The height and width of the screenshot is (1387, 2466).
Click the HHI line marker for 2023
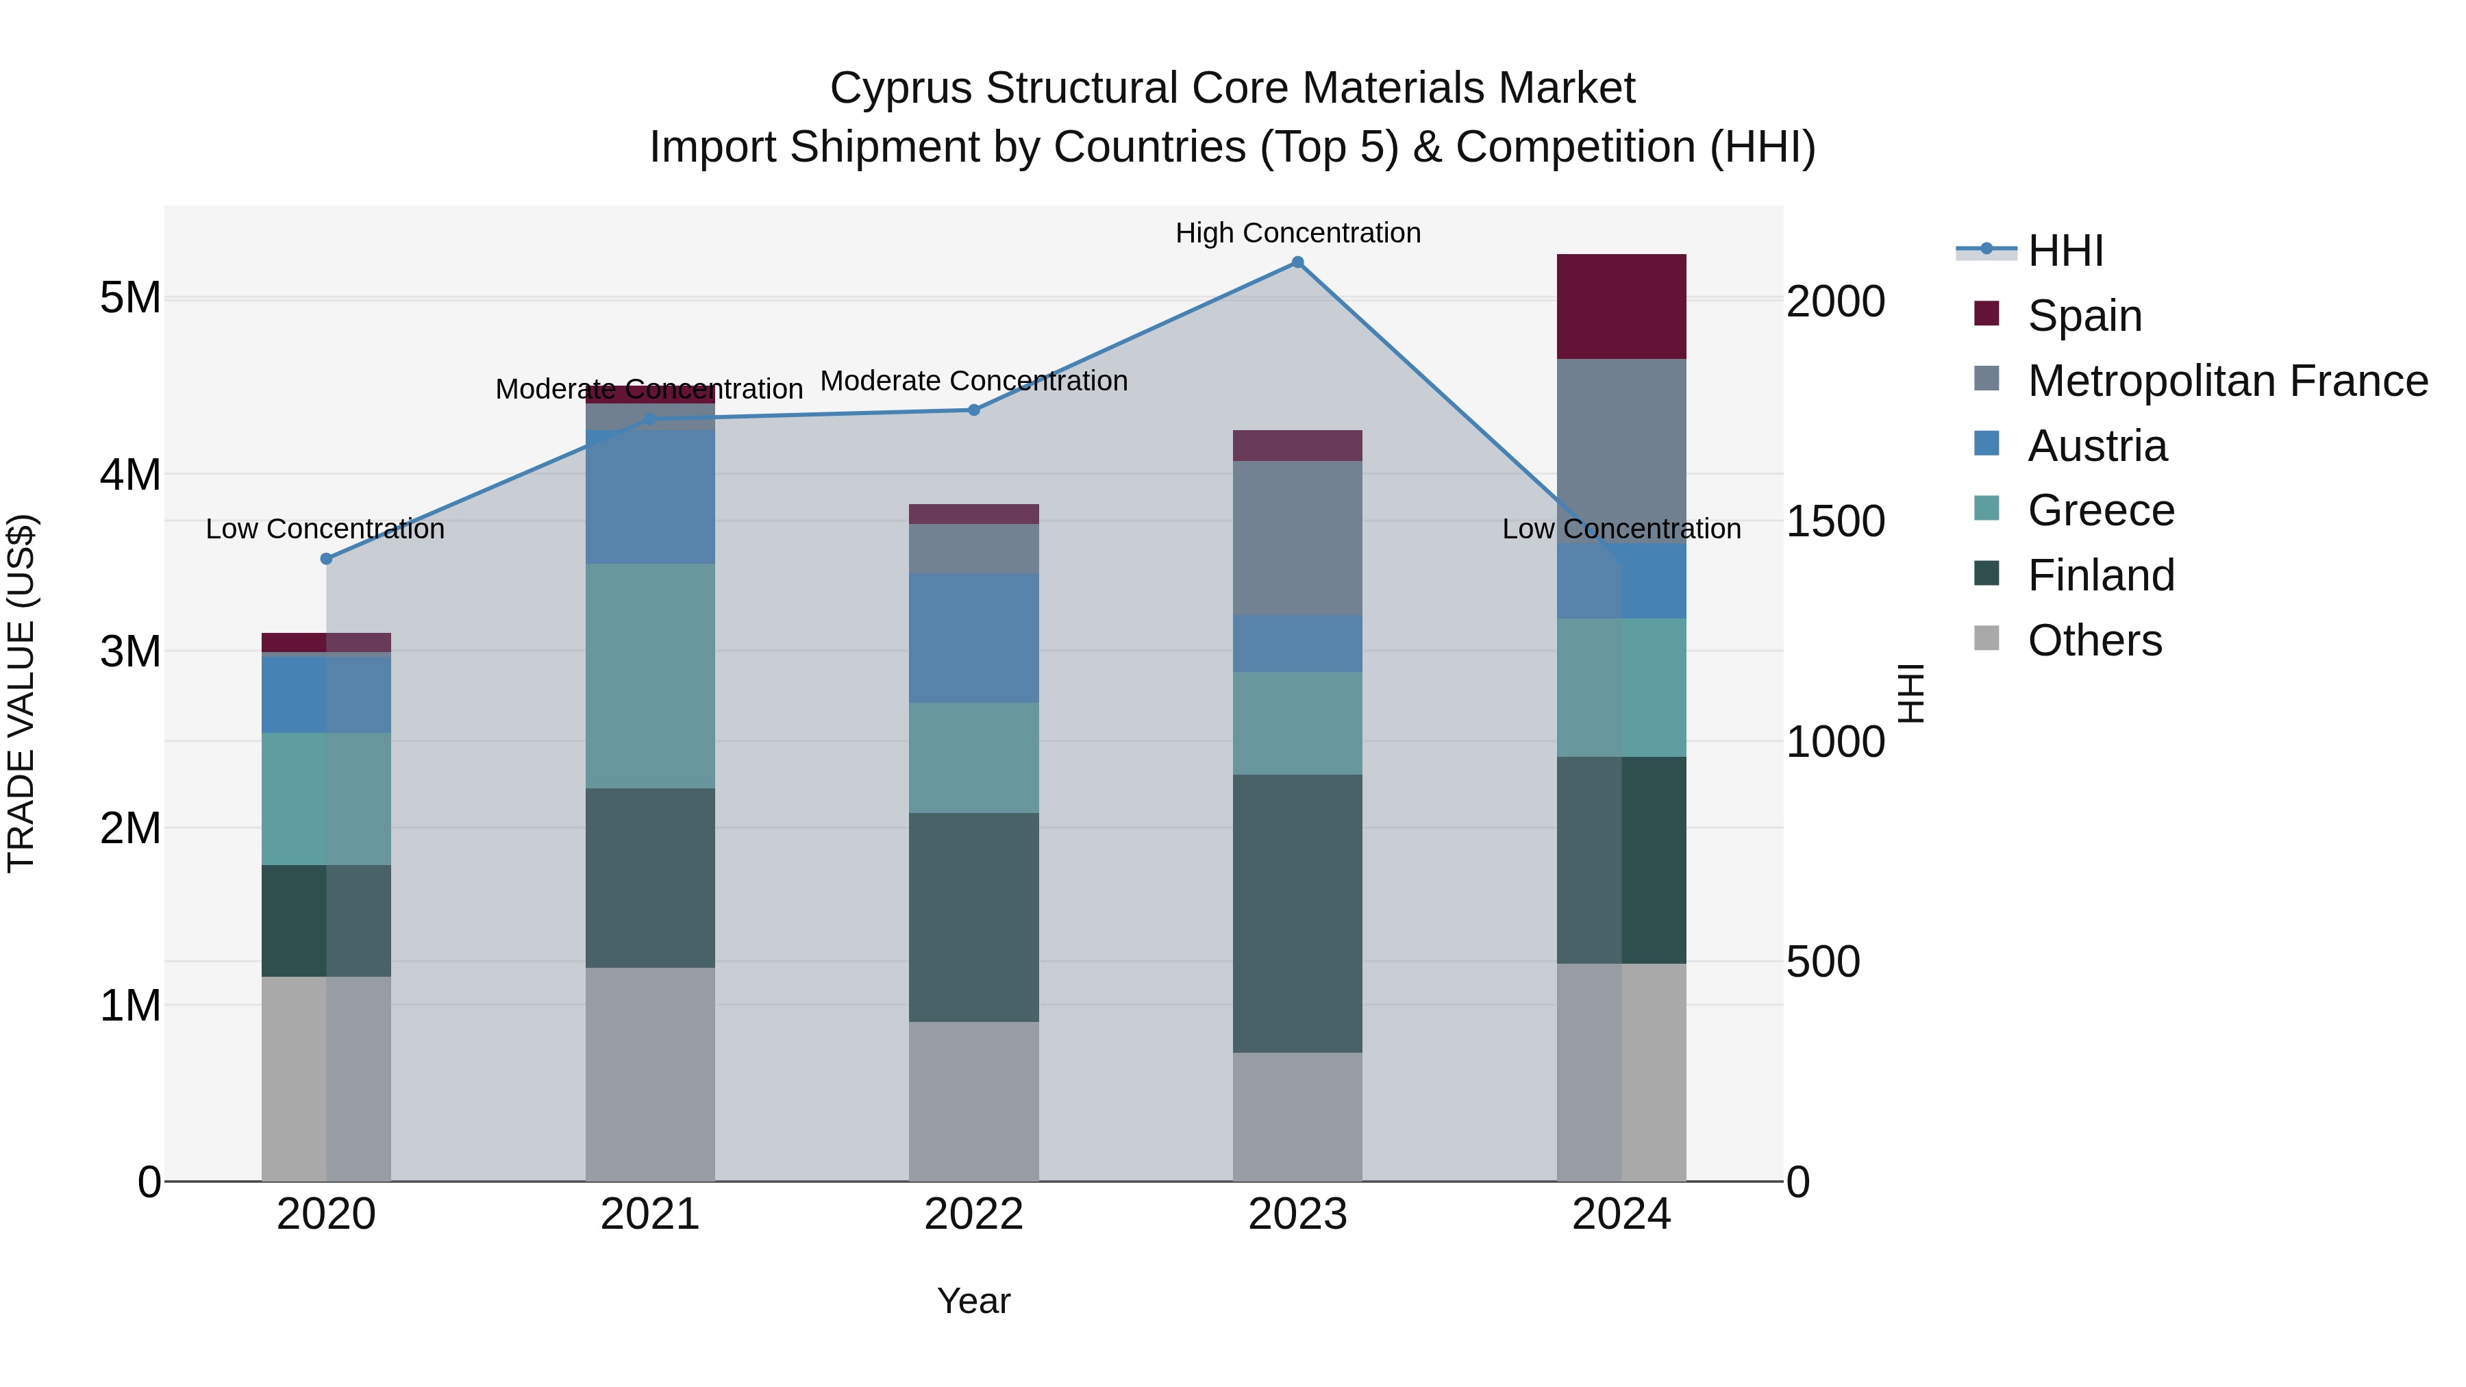click(1297, 262)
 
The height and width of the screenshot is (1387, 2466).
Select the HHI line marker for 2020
click(327, 559)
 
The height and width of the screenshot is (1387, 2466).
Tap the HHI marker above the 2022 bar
click(973, 410)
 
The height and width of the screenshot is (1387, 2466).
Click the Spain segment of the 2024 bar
click(1621, 306)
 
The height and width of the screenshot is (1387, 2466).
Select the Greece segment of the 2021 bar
click(650, 676)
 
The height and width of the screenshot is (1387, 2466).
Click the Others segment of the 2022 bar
click(973, 1101)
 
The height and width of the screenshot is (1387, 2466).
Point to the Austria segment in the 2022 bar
click(973, 638)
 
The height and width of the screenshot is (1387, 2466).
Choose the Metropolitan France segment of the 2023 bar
click(1297, 538)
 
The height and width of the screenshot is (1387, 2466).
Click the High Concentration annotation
click(1297, 234)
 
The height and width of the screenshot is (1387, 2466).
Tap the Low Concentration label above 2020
click(325, 529)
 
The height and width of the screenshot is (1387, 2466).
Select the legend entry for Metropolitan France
click(2227, 381)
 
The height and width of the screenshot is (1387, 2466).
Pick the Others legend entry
click(2093, 640)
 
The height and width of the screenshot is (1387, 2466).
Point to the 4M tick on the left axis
click(130, 475)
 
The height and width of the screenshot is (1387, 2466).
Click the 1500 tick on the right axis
click(1835, 522)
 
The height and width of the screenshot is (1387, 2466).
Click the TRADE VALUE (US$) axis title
click(22, 693)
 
